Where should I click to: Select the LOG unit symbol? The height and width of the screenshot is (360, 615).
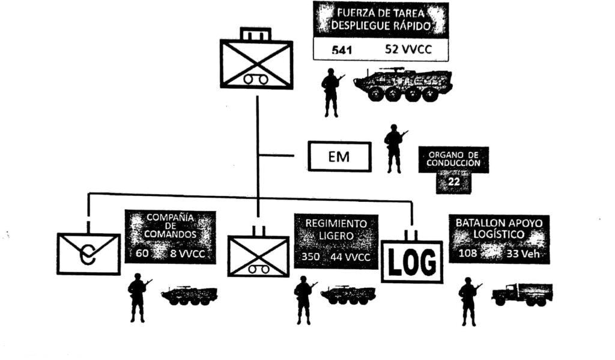tap(412, 261)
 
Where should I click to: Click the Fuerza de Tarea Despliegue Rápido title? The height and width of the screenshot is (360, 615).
tap(381, 19)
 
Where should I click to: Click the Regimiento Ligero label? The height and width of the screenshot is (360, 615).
tap(336, 230)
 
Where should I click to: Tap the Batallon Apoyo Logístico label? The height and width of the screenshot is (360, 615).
tap(499, 228)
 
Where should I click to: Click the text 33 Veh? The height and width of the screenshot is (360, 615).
tap(524, 254)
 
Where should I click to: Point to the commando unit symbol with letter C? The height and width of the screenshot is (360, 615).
tap(89, 253)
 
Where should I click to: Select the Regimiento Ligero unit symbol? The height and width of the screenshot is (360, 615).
tap(259, 255)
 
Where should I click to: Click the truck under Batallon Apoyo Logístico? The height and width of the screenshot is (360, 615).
tap(521, 294)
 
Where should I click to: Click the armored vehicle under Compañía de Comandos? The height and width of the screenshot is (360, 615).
tap(189, 295)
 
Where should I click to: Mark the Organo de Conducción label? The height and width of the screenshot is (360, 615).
tap(453, 158)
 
